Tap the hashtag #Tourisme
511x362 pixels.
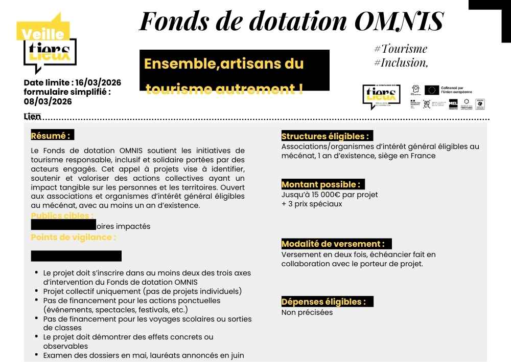(401, 49)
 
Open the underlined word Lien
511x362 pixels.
(32, 117)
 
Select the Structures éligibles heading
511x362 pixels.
(326, 136)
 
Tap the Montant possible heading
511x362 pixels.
(321, 184)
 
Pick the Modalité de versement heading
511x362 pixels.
(333, 244)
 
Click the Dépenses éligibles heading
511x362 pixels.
(324, 302)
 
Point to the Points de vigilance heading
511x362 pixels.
(74, 238)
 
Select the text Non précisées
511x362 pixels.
(307, 312)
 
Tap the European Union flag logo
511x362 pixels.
(431, 90)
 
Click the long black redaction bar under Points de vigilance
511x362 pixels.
(76, 256)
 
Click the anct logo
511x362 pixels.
(427, 104)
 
